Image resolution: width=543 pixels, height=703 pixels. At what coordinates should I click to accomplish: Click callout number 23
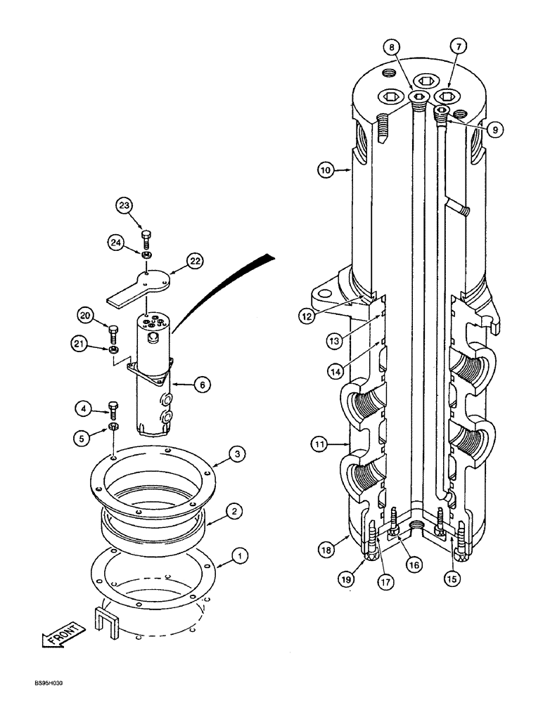pyautogui.click(x=124, y=205)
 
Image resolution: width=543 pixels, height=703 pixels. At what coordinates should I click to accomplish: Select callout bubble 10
pyautogui.click(x=324, y=170)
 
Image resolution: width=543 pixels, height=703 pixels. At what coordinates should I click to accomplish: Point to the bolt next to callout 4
pyautogui.click(x=114, y=409)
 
